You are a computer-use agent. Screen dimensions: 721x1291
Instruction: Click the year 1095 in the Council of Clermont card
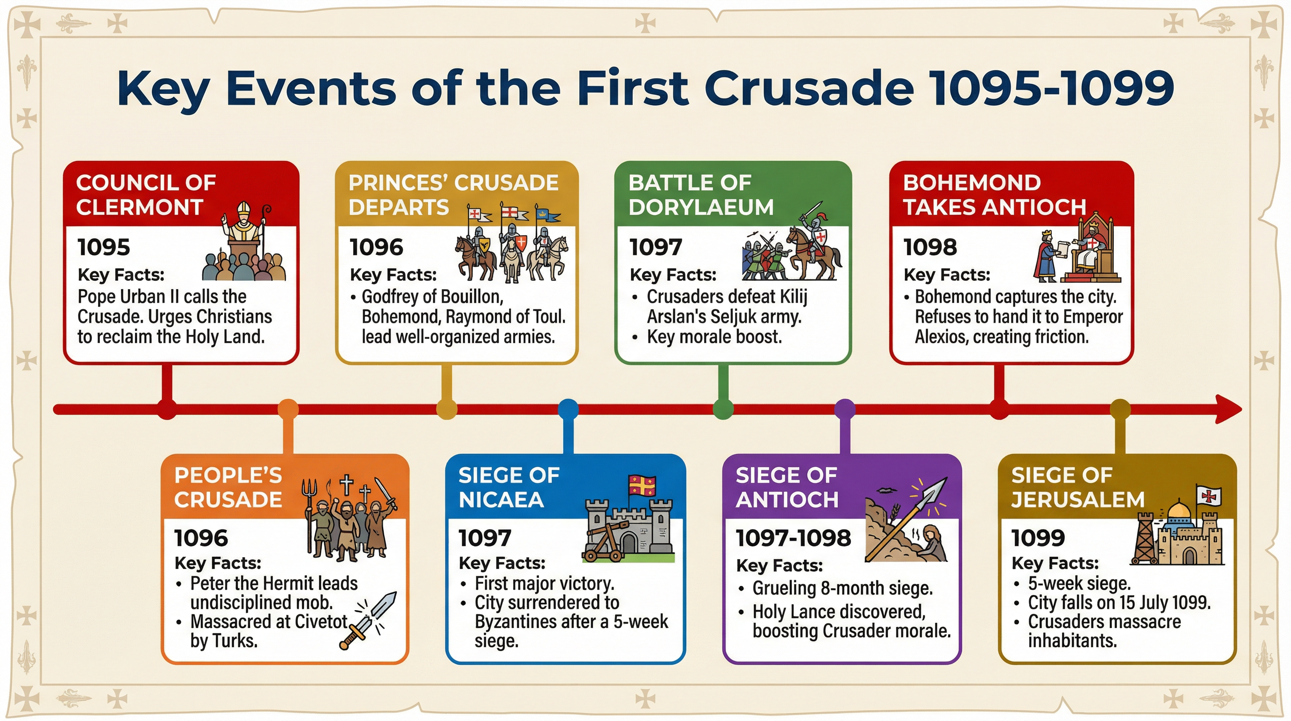[104, 247]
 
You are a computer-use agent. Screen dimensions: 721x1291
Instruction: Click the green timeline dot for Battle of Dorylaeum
[723, 409]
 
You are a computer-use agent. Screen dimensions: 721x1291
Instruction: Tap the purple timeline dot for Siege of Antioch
[845, 409]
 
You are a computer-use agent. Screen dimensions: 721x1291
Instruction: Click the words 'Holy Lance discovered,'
[838, 612]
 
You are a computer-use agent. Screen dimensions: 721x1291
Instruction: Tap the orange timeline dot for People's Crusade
[288, 409]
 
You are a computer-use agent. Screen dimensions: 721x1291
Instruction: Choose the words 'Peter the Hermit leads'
[273, 583]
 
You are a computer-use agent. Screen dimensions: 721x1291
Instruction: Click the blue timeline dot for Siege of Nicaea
[568, 409]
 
